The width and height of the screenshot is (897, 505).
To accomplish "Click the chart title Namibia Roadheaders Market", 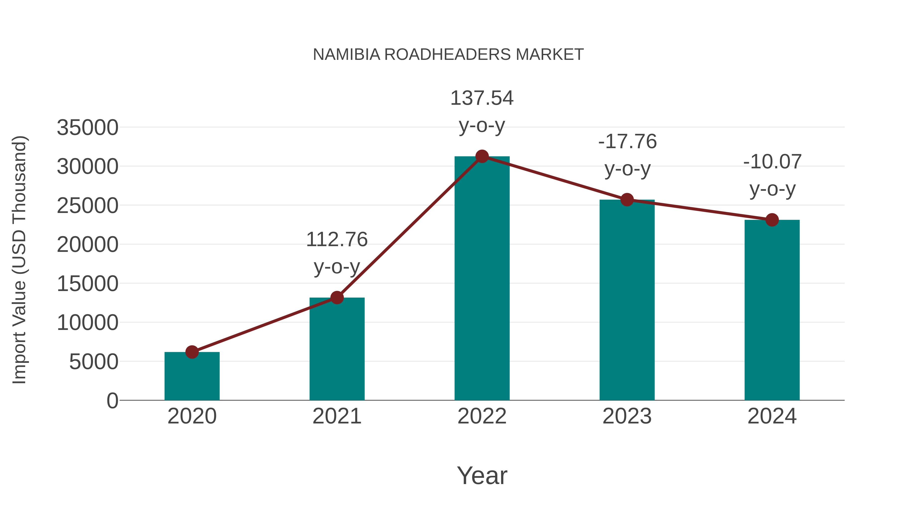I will coord(448,55).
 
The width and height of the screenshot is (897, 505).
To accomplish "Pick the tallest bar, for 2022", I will coord(482,279).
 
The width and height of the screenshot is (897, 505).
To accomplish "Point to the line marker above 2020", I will coord(192,352).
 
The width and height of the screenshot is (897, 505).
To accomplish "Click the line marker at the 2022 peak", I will coord(482,156).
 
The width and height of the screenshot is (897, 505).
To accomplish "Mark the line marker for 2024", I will coord(772,220).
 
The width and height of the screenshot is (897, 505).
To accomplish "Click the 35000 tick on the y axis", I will coord(87,127).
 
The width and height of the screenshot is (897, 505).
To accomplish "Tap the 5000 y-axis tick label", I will coord(94,362).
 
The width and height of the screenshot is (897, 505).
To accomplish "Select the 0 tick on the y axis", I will coord(112,401).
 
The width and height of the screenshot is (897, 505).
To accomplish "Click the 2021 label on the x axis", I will coord(337,416).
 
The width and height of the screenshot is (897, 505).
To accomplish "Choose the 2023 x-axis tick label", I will coord(627,416).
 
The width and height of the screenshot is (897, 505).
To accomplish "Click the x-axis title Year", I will coord(482,475).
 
